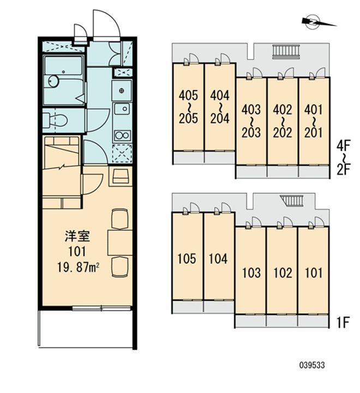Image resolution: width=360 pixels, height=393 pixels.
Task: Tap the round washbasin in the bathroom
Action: [52, 81]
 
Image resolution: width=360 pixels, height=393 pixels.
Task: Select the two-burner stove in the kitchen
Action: [122, 135]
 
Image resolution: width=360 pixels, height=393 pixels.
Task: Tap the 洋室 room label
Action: [77, 237]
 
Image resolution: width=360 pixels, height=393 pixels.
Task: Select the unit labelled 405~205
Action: [188, 107]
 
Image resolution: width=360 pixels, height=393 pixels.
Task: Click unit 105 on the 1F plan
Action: [187, 258]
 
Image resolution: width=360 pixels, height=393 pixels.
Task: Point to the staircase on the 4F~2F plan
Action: [286, 51]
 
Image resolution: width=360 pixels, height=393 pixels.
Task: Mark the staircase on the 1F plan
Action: [293, 201]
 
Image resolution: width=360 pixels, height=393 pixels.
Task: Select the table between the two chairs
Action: [119, 242]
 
